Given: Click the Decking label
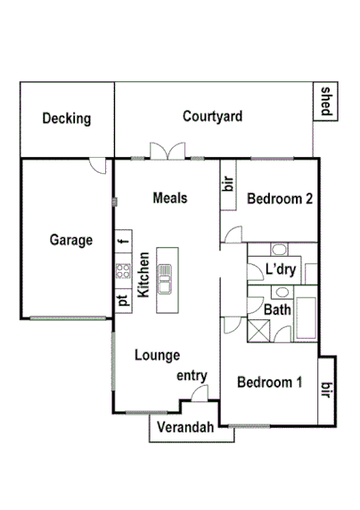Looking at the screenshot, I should tap(66, 119).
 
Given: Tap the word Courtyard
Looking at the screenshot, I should tap(213, 116).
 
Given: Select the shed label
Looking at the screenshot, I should tap(325, 102).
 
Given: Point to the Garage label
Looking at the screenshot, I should tap(71, 240).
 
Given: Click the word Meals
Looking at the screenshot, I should tap(170, 197).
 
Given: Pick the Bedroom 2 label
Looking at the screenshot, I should tap(279, 199).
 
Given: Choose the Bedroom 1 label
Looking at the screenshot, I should tap(269, 382).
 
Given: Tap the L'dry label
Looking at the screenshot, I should tap(281, 268).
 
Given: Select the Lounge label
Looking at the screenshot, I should tap(158, 354).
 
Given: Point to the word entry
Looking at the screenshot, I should tap(192, 375).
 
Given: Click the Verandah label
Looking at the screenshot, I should tap(185, 427).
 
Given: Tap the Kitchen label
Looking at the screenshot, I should tap(143, 275).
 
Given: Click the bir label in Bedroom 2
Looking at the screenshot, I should tap(228, 185).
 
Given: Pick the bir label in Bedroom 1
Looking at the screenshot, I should tap(326, 389).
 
